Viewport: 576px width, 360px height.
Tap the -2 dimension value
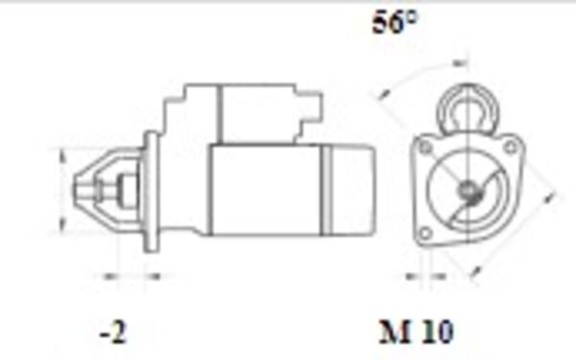tap(112, 332)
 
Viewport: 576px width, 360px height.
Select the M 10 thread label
tap(415, 332)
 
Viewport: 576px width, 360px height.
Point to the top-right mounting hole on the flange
tap(512, 146)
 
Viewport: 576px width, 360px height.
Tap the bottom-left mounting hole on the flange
tap(422, 233)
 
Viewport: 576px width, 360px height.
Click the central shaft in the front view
tap(468, 191)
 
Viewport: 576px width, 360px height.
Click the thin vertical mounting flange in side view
tap(152, 192)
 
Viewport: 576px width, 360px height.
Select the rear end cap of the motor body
tap(352, 189)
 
